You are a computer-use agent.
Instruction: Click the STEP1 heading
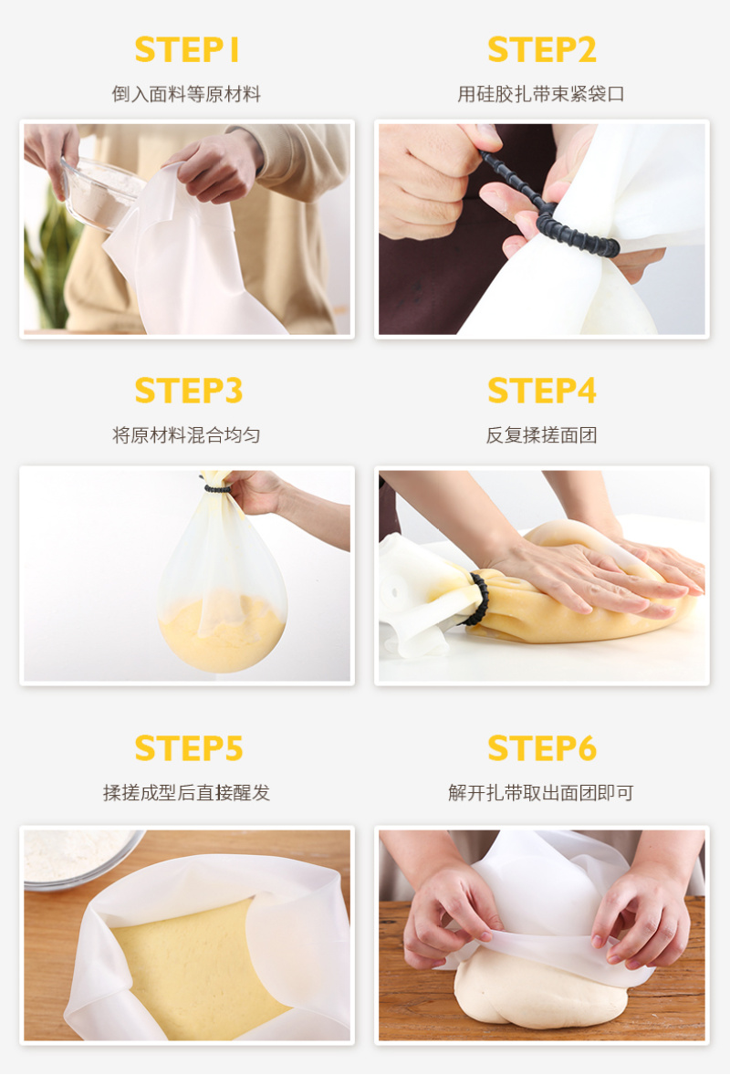point(186,50)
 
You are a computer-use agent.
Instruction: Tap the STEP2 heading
point(541,50)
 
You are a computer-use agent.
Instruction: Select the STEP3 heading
point(189,391)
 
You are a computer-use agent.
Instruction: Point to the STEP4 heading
point(541,391)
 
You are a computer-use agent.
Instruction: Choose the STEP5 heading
point(189,748)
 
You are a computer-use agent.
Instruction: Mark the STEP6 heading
point(541,748)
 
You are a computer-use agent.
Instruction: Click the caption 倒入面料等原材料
point(186,94)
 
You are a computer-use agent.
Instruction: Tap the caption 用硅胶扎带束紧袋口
point(541,94)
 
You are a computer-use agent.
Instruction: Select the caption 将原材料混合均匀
point(186,434)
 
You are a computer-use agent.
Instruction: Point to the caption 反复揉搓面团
point(541,434)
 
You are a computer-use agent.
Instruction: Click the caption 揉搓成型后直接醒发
point(186,792)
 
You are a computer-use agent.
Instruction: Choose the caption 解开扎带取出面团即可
point(541,792)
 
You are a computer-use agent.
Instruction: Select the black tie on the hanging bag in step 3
point(217,489)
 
